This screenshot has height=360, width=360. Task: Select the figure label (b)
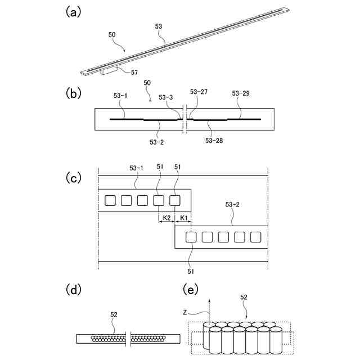click(x=73, y=91)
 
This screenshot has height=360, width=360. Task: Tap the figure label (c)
click(x=73, y=178)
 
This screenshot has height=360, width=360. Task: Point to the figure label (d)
click(x=73, y=290)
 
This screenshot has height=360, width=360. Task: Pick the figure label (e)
click(x=191, y=290)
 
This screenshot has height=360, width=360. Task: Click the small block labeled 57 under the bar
click(x=109, y=71)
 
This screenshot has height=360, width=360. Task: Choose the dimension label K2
click(x=166, y=217)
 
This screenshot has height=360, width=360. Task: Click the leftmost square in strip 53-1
click(x=111, y=200)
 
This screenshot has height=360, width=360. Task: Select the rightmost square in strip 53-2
click(x=256, y=237)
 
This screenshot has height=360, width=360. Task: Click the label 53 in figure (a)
click(x=159, y=26)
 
